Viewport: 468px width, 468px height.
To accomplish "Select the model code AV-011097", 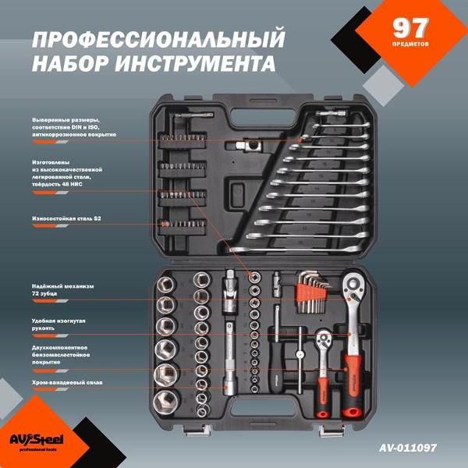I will [x=407, y=448].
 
